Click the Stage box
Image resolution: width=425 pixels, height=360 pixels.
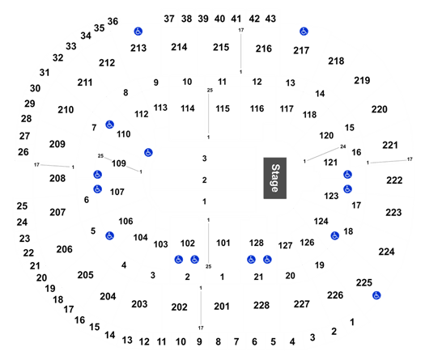pyautogui.click(x=275, y=178)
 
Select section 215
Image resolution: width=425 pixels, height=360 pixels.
pyautogui.click(x=221, y=47)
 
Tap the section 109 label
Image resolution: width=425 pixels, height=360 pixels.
pyautogui.click(x=119, y=163)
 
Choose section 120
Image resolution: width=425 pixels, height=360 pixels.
pyautogui.click(x=326, y=135)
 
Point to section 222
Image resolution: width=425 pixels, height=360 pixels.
pyautogui.click(x=394, y=180)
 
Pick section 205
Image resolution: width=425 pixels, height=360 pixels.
pyautogui.click(x=85, y=275)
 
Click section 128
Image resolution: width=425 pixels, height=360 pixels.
pyautogui.click(x=257, y=243)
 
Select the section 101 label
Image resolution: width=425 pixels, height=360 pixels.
pyautogui.click(x=223, y=243)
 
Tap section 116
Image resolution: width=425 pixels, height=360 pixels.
pyautogui.click(x=257, y=108)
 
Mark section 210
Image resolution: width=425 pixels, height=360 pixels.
pyautogui.click(x=66, y=110)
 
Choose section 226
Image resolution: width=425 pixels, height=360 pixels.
pyautogui.click(x=335, y=295)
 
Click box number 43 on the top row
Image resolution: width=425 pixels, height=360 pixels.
pyautogui.click(x=270, y=19)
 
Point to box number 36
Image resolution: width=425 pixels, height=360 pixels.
pyautogui.click(x=113, y=21)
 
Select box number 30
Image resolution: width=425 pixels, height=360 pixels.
pyautogui.click(x=36, y=88)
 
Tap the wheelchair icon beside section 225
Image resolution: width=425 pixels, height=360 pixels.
pyautogui.click(x=376, y=295)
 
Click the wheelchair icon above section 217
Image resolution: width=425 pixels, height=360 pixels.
pyautogui.click(x=304, y=32)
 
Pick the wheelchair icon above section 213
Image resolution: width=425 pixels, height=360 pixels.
pyautogui.click(x=138, y=32)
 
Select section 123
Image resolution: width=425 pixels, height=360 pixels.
pyautogui.click(x=331, y=196)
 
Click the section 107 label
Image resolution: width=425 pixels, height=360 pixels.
pyautogui.click(x=117, y=192)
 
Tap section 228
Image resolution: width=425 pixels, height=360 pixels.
pyautogui.click(x=261, y=305)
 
